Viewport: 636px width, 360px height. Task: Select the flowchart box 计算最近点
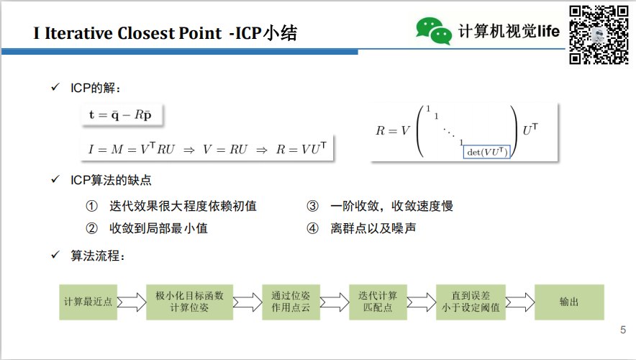pos(88,302)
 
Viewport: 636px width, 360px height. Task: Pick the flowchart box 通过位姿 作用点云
pos(291,302)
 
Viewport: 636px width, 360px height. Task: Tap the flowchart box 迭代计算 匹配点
pos(378,302)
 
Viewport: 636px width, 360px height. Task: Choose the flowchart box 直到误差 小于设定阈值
pos(471,302)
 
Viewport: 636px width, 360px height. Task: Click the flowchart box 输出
pos(569,302)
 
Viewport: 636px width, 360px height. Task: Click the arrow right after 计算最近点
pos(131,302)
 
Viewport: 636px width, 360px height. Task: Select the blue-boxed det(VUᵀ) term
pos(487,151)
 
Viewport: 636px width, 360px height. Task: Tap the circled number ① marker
pos(91,206)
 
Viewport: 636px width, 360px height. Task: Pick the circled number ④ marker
pos(312,228)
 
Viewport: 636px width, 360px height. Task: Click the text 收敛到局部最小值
pos(159,228)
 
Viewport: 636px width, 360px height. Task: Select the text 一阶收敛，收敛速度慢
pos(391,206)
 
